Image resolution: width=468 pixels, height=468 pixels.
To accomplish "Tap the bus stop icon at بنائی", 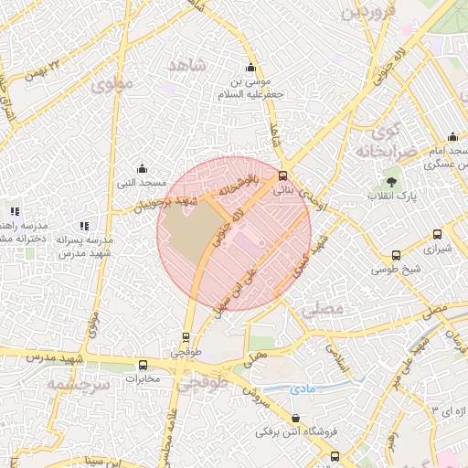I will tap(282, 175).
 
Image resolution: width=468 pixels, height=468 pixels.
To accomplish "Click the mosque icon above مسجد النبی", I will tap(142, 168).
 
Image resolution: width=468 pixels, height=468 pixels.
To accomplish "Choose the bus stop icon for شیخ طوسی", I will tap(395, 256).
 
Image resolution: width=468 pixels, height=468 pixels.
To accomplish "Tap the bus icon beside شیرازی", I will tap(437, 234).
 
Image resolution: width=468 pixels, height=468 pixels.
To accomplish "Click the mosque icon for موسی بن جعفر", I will tap(250, 68).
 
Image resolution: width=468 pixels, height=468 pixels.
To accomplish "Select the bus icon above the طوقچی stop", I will tap(186, 337).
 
